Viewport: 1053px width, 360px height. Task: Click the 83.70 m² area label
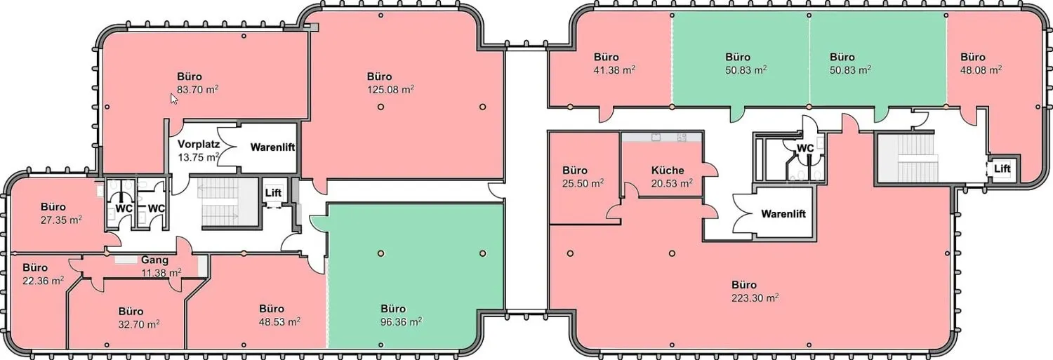pos(197,89)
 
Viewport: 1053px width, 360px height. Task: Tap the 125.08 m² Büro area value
pos(390,89)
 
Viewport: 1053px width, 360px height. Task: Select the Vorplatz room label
pos(199,144)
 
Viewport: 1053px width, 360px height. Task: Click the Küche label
pos(668,170)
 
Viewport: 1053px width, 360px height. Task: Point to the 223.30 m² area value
pos(755,298)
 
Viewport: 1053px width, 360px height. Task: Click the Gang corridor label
pos(154,260)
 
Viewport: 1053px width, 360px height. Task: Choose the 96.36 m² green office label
pos(401,321)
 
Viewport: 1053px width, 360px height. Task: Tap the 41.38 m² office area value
pos(614,70)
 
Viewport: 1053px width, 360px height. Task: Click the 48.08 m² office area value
pos(981,70)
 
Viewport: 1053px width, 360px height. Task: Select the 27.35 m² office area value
pos(61,220)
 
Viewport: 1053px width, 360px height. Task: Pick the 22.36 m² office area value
pos(44,281)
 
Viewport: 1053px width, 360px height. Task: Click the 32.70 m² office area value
pos(139,324)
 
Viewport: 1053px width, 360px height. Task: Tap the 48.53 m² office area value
pos(279,321)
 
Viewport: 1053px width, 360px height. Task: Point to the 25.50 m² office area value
pos(583,183)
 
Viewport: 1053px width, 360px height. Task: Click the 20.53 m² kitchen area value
pos(672,183)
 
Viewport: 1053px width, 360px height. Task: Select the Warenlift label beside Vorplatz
pos(272,147)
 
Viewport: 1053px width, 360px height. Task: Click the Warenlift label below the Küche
pos(783,214)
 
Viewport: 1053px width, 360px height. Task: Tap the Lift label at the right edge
pos(1002,168)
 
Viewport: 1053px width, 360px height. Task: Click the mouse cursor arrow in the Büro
pos(173,99)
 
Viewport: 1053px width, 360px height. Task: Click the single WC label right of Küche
pos(805,148)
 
